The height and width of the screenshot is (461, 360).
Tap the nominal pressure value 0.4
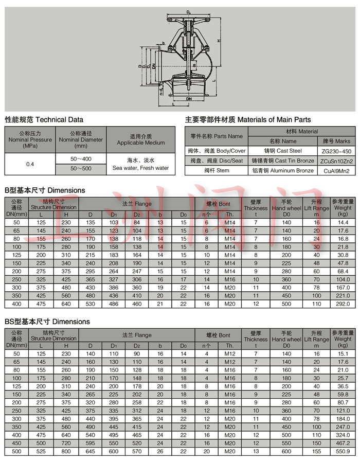(30, 164)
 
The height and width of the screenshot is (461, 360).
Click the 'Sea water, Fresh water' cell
(140, 168)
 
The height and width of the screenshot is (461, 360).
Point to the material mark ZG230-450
(336, 151)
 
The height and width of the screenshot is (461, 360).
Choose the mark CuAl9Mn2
(336, 171)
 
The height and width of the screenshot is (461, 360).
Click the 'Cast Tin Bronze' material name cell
(282, 161)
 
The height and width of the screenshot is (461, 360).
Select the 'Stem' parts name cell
(217, 171)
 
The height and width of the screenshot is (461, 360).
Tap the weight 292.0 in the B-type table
(343, 304)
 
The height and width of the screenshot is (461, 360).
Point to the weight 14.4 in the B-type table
(343, 222)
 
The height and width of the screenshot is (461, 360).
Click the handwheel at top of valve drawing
(189, 16)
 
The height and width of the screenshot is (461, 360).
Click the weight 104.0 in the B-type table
(343, 279)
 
